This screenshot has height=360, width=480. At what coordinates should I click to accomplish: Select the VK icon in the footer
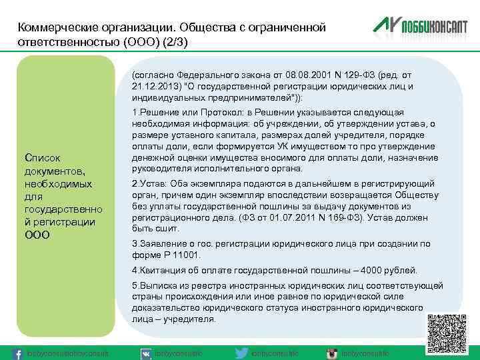coord(146,353)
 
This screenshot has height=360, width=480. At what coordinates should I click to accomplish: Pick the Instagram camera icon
coord(331,353)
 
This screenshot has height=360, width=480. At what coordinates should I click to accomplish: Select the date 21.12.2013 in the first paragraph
coord(156,86)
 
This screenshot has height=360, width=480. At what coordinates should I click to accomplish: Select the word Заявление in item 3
coord(161,244)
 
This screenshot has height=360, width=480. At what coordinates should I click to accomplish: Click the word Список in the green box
coord(42,158)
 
